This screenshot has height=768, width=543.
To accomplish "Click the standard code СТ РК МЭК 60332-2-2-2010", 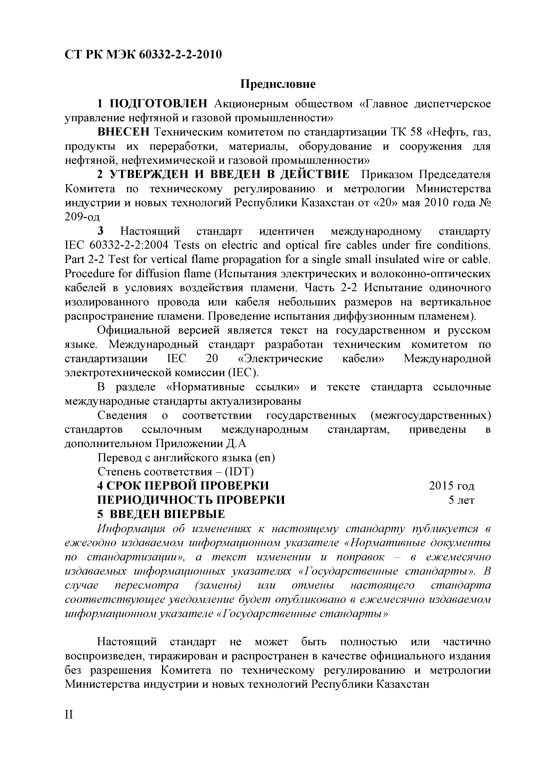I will [143, 54].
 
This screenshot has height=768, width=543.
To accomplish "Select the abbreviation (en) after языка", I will [265, 458].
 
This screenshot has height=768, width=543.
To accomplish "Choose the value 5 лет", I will [461, 500].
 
